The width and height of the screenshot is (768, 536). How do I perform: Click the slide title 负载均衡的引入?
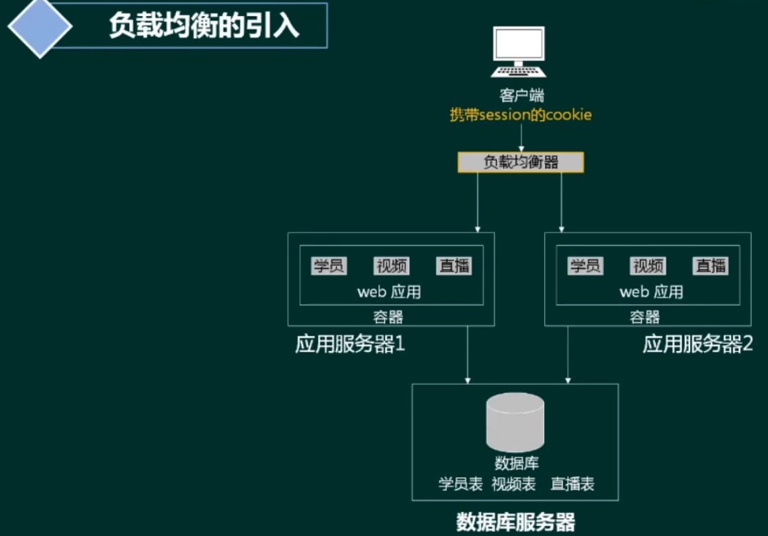[204, 26]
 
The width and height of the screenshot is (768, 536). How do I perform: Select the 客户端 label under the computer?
[521, 96]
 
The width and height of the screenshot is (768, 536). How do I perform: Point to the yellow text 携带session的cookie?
[521, 115]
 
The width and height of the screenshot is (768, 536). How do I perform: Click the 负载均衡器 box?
[521, 162]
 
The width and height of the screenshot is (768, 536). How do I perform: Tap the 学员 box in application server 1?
[329, 266]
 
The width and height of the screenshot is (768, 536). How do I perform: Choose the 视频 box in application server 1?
[392, 266]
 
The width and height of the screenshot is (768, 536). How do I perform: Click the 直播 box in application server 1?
[454, 266]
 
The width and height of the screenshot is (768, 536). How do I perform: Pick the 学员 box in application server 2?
[585, 266]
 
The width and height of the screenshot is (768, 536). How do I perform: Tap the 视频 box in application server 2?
[648, 266]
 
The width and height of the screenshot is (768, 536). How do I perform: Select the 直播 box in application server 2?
[711, 266]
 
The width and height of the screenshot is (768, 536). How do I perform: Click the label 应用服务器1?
[350, 345]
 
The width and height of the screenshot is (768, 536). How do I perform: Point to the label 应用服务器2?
[698, 345]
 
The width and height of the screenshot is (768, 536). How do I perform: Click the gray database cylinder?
[515, 422]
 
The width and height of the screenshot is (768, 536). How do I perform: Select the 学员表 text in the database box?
[460, 484]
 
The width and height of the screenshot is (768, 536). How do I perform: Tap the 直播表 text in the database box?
[572, 484]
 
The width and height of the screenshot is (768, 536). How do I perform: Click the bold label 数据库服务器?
[515, 523]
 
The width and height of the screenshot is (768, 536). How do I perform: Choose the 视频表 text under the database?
[513, 484]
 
